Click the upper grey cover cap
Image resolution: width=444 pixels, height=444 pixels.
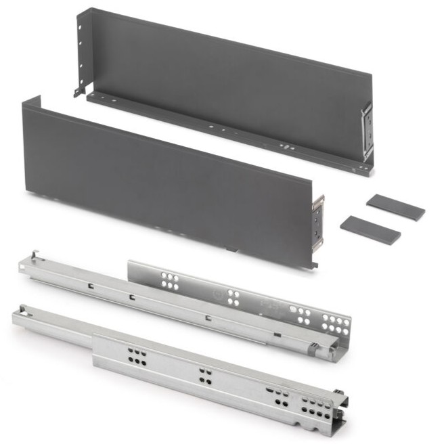pyautogui.click(x=395, y=206)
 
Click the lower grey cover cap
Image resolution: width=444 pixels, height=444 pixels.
pyautogui.click(x=370, y=229)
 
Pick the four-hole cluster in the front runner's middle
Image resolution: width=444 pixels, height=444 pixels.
pyautogui.click(x=204, y=374)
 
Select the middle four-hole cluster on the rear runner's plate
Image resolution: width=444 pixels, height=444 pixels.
pyautogui.click(x=234, y=297)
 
